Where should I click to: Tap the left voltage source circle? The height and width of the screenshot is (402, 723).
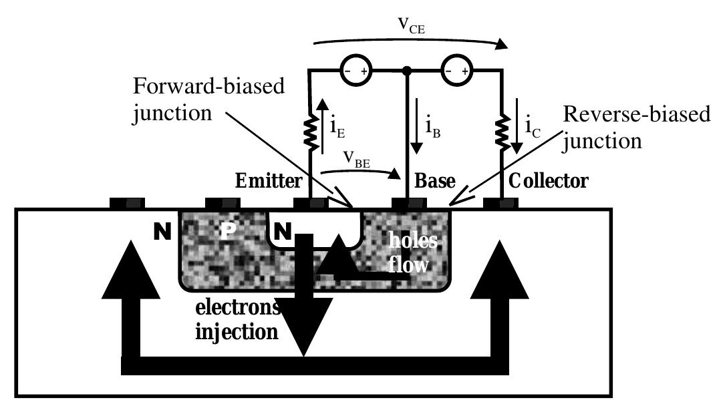(x=355, y=70)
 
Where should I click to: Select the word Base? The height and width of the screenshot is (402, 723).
(x=435, y=181)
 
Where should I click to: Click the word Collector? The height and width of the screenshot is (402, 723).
(x=549, y=181)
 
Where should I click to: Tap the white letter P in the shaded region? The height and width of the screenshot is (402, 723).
(x=228, y=232)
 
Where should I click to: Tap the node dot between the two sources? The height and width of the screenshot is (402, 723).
(x=406, y=69)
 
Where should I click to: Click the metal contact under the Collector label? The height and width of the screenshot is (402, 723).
(x=500, y=202)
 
